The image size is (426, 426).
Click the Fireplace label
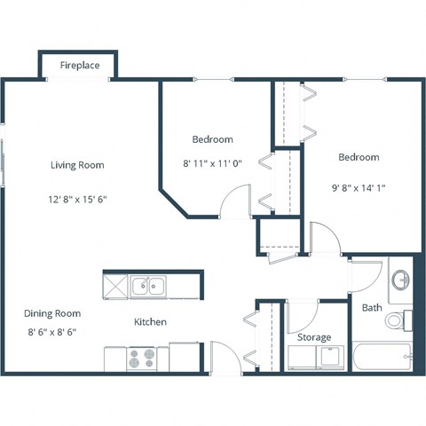pos(79,66)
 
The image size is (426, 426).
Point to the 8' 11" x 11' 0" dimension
pos(212,163)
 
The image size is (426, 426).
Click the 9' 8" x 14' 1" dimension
pos(359,188)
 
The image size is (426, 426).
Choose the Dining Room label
pos(52,313)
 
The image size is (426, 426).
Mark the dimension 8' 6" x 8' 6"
pos(52,333)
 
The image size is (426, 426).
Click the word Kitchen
pos(150,322)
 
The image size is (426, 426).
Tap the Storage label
pos(314,337)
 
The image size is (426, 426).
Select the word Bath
pos(371,308)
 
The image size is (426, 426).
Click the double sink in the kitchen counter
pos(148,286)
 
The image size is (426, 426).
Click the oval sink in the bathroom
pos(401,280)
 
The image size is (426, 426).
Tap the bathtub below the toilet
pos(382,358)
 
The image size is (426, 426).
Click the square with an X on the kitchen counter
pos(115,286)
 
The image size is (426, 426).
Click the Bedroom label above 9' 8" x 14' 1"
pos(359,157)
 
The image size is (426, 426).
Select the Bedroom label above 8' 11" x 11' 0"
pos(212,139)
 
